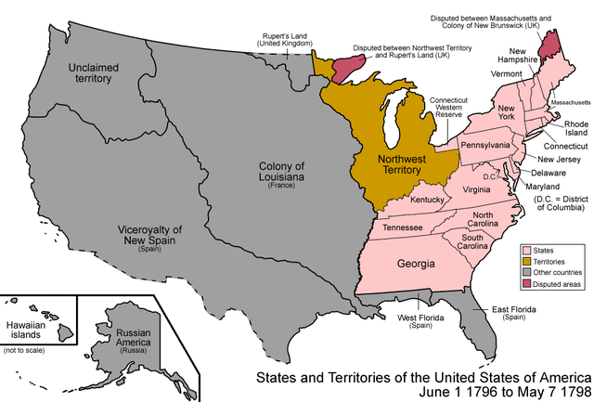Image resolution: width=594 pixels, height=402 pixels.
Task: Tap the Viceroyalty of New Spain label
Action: pos(148,236)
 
